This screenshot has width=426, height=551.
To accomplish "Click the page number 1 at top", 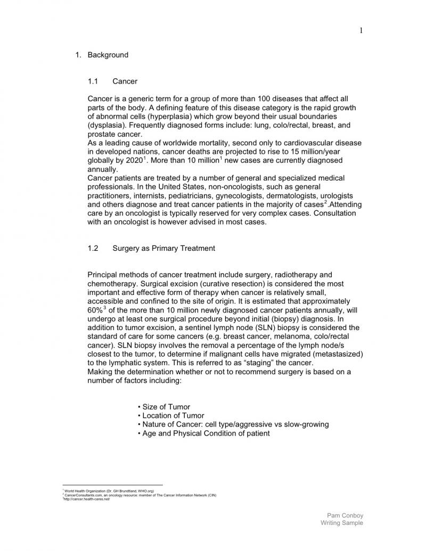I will pyautogui.click(x=361, y=30).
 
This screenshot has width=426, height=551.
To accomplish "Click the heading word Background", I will pyautogui.click(x=108, y=55).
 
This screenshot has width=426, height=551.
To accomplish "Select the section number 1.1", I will pyautogui.click(x=93, y=81).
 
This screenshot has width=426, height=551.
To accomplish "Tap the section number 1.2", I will pyautogui.click(x=93, y=248).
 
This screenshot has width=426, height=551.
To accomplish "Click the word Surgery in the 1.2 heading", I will pyautogui.click(x=127, y=248).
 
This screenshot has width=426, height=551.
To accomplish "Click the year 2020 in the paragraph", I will pyautogui.click(x=133, y=160).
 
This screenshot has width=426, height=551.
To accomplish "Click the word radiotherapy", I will pyautogui.click(x=295, y=275).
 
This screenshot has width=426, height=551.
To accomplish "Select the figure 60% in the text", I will pyautogui.click(x=95, y=310).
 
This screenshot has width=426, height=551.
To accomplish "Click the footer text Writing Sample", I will pyautogui.click(x=342, y=523).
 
